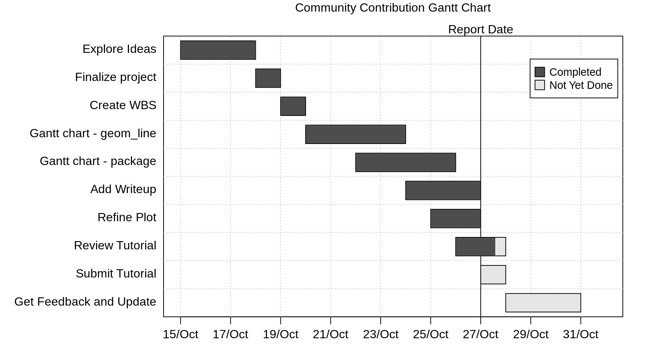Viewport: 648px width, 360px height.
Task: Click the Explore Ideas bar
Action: point(218,50)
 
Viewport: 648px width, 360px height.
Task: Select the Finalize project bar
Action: point(268,78)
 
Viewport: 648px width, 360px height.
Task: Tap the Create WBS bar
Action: point(293,106)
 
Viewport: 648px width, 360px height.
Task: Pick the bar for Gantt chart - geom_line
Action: point(355,134)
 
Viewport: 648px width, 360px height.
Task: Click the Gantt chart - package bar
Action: point(405,162)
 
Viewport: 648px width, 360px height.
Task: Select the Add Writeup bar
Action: point(443,190)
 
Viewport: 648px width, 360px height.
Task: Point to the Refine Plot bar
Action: point(455,219)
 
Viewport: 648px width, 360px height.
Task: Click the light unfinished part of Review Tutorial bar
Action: point(501,247)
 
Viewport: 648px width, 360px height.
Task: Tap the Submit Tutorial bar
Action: point(493,274)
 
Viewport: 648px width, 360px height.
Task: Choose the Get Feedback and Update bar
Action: point(543,303)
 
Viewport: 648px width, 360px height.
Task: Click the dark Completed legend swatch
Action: point(540,72)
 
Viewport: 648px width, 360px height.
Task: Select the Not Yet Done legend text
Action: point(580,85)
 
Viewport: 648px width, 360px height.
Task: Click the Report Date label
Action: point(480,29)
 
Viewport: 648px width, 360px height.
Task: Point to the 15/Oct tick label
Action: point(180,334)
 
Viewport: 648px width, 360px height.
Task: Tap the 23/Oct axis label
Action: point(381,334)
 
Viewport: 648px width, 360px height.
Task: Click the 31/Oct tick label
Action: point(580,334)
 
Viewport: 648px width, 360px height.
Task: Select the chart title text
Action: point(393,7)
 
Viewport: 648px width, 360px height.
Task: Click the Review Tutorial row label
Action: point(115,245)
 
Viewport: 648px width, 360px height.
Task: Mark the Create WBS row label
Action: point(123,105)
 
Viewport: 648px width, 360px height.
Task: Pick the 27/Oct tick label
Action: point(480,334)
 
